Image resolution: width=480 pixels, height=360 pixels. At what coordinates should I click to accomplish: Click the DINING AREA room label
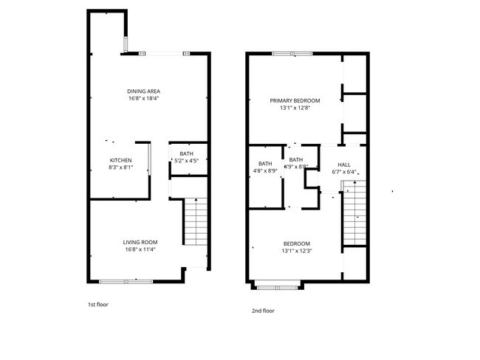(143, 91)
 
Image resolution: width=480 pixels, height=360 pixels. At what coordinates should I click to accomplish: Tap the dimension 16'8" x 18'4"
(143, 99)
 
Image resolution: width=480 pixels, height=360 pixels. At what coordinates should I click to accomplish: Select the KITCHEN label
(120, 160)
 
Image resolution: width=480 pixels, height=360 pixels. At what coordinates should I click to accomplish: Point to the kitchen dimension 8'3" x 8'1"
(120, 167)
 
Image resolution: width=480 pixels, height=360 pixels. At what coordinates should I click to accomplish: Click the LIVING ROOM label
(140, 242)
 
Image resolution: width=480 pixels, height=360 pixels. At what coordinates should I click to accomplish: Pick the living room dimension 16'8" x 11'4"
(140, 249)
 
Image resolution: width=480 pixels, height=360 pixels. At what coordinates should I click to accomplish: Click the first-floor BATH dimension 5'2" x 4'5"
(186, 161)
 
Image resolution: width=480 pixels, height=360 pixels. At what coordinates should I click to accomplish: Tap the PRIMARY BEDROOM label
(295, 100)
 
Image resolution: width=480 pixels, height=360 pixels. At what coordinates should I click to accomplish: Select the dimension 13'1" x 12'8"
(295, 108)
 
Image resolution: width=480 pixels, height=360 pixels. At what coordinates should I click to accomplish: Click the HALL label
(344, 165)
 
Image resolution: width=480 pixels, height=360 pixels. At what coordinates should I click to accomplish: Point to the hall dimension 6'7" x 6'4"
(344, 172)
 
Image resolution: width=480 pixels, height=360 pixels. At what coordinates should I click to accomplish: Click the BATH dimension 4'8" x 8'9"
(265, 171)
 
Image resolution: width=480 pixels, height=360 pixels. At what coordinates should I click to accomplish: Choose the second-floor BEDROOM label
(297, 243)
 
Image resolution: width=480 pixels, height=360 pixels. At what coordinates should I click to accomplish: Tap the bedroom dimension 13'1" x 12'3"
(297, 251)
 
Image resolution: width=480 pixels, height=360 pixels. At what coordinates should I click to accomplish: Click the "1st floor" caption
(98, 305)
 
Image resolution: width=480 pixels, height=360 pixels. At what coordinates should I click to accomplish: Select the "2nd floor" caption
(263, 311)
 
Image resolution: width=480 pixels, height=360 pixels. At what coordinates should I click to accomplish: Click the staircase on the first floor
(195, 221)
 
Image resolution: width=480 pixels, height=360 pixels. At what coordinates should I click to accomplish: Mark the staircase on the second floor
(354, 213)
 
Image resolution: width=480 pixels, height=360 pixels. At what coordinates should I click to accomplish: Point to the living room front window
(126, 281)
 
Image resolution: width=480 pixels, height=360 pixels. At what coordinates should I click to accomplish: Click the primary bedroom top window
(292, 54)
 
